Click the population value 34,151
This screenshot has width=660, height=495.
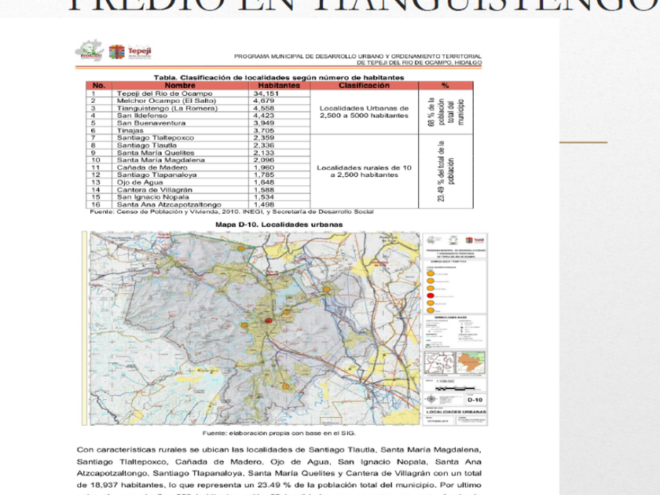[x=267, y=93]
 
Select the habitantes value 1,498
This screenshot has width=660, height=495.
[x=263, y=204]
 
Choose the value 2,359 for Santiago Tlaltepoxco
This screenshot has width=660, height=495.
[x=263, y=137]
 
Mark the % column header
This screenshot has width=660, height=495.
[x=445, y=86]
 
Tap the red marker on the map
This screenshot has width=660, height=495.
[x=269, y=321]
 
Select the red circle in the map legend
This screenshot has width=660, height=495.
[x=430, y=295]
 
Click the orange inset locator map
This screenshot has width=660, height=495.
[x=471, y=362]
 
